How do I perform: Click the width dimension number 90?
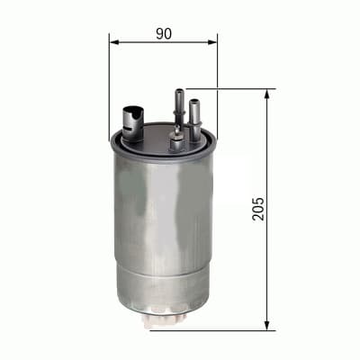(164, 33)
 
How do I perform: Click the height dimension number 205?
(259, 209)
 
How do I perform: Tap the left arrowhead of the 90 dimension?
(113, 40)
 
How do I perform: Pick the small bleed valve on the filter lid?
(176, 139)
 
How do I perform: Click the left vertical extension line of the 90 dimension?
(109, 81)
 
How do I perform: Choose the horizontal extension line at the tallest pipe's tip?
(229, 89)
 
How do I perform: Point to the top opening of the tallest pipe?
(178, 91)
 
